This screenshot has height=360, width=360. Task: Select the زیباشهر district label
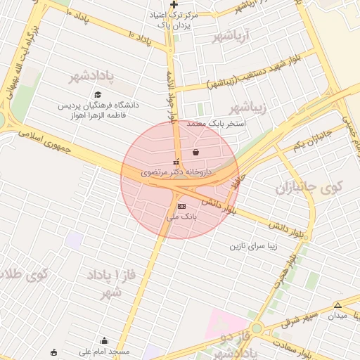(x=250, y=107)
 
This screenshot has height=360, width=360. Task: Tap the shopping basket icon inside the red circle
(x=195, y=151)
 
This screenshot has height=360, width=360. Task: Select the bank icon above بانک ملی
(x=182, y=206)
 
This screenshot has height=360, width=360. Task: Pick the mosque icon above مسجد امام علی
(x=105, y=340)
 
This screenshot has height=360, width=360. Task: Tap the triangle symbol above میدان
(x=338, y=305)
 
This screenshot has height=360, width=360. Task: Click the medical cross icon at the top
(x=174, y=5)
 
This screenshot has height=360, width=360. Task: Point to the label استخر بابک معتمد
(x=217, y=124)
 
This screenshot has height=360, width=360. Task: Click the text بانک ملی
(x=182, y=217)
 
